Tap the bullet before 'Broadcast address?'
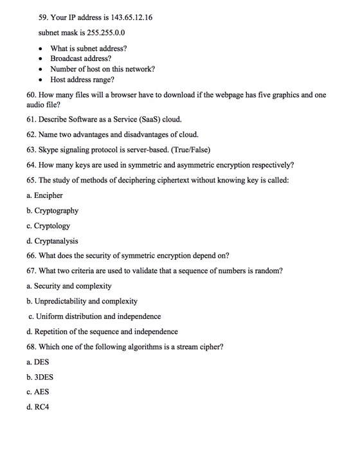(x=41, y=59)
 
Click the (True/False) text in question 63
(x=183, y=150)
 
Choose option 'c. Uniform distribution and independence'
(x=94, y=316)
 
